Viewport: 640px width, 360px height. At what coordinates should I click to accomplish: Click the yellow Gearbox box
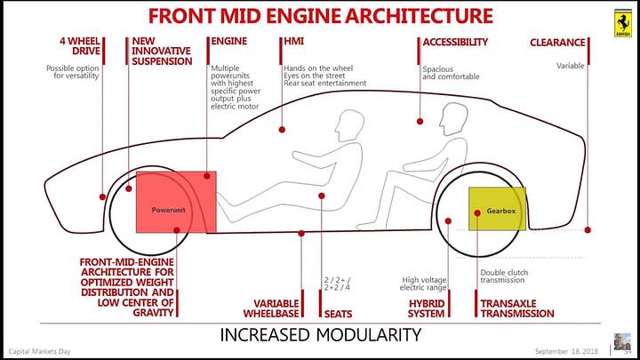[x=497, y=210]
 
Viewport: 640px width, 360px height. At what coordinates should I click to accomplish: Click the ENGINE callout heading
[x=228, y=42]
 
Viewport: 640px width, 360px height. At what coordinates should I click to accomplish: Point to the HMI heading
[x=293, y=42]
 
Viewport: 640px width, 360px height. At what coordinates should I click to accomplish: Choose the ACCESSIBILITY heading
[x=455, y=42]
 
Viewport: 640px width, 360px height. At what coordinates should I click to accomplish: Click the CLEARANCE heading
[x=557, y=42]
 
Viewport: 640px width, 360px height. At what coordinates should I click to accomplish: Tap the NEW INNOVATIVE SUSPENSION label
[x=162, y=52]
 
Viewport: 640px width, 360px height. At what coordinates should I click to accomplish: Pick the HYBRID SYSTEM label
[x=427, y=308]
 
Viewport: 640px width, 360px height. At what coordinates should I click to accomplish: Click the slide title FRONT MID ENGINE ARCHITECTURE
[x=320, y=16]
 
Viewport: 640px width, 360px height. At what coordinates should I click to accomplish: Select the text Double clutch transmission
[x=503, y=276]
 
